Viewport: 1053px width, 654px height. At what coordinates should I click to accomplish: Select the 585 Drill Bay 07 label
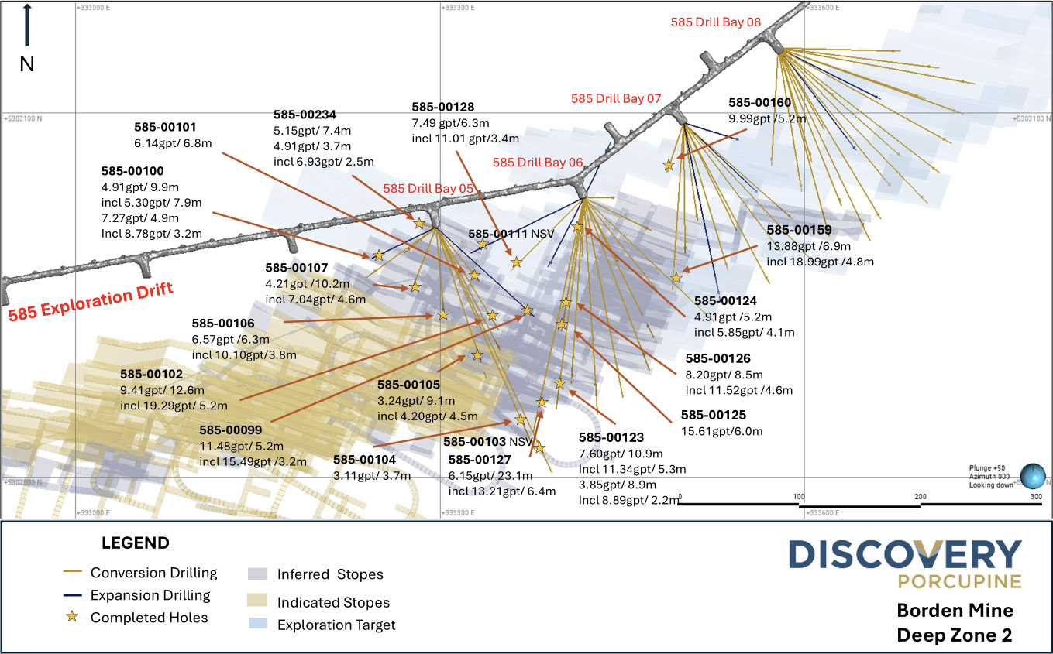[616, 98]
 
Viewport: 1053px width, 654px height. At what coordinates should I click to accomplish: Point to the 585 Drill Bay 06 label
[537, 163]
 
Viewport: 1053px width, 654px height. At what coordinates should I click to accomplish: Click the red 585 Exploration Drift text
[90, 301]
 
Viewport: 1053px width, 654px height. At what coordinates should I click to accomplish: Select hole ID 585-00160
[760, 103]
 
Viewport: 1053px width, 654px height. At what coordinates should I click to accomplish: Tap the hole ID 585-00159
[799, 230]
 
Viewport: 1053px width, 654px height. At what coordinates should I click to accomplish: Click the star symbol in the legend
[71, 617]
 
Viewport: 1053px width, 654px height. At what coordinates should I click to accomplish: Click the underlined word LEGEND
[136, 543]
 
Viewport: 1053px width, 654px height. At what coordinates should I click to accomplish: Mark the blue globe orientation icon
[1032, 474]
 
